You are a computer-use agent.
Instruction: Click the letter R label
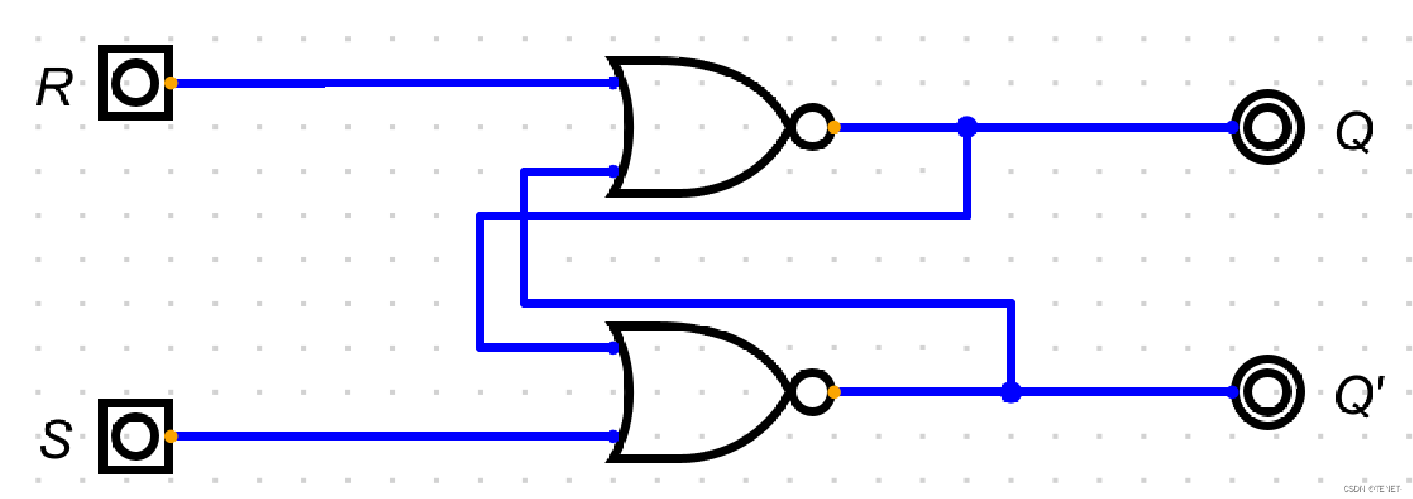[x=54, y=88]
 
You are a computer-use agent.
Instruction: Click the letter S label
[x=56, y=439]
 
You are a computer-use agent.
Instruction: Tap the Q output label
[x=1354, y=131]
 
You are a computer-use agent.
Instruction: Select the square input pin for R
[x=135, y=83]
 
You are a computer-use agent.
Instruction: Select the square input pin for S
[x=135, y=436]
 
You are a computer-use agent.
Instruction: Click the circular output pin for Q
[x=1268, y=128]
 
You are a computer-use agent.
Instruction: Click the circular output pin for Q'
[x=1268, y=392]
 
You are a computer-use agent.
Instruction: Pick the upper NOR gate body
[x=694, y=127]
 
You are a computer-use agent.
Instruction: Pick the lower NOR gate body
[x=694, y=391]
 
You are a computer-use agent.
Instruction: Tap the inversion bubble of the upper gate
[x=811, y=127]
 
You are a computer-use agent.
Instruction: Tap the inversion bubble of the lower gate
[x=811, y=391]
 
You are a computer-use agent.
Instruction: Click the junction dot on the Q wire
[x=967, y=127]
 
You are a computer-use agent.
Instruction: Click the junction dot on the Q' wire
[x=1010, y=392]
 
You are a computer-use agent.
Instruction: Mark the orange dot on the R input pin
[x=171, y=83]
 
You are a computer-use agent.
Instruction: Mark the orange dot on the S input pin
[x=171, y=436]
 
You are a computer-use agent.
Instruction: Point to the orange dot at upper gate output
[x=834, y=128]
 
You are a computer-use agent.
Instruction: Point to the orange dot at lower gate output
[x=834, y=392]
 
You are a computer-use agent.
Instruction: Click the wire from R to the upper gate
[x=390, y=83]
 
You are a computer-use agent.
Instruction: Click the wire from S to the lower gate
[x=390, y=436]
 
